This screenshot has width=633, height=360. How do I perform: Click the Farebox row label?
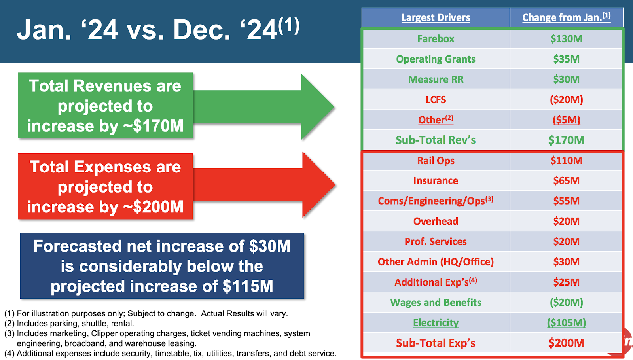436,39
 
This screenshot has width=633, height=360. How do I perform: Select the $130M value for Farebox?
566,39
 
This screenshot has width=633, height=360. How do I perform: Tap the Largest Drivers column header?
436,17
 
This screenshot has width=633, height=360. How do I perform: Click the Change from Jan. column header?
566,17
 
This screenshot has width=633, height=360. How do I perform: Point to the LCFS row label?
436,100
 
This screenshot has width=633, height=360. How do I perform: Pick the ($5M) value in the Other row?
566,120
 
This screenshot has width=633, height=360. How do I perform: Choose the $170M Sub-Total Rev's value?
566,140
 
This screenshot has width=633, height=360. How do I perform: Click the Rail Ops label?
436,161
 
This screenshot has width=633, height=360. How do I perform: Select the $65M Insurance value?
566,180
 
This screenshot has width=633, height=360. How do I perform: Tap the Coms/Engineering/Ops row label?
436,201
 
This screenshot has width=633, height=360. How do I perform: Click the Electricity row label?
436,323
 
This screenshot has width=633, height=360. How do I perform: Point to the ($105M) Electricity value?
566,323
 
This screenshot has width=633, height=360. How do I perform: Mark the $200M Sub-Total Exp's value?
566,343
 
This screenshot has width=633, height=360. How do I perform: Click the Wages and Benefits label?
436,302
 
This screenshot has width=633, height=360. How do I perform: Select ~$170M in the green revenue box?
153,126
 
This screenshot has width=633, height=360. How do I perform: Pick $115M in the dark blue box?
248,286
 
